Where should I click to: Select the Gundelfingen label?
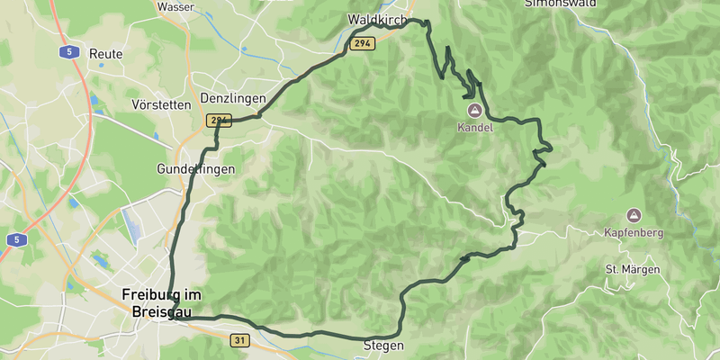coord(195,169)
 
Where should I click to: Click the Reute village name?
coord(106,54)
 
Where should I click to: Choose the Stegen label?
coord(383,346)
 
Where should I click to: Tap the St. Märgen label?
coord(632,270)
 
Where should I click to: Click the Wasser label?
coord(175,6)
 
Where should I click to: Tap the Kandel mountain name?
coord(475,127)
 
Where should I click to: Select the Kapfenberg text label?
coord(634,233)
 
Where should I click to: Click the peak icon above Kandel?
coord(474,110)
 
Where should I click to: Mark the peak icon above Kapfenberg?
coord(633,216)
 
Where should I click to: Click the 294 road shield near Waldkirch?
coord(362,43)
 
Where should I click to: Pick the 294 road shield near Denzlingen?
coord(219,120)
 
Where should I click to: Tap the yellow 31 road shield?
coord(239,340)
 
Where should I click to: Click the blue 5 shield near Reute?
coord(68,52)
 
